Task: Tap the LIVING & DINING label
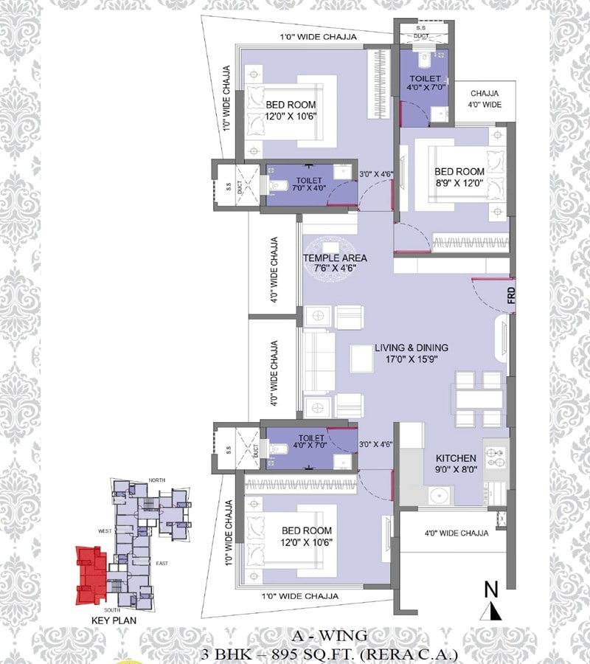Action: pos(411,347)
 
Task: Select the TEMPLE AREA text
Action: pos(335,258)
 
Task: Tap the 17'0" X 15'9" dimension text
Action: pos(411,360)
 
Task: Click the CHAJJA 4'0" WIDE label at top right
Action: pos(485,99)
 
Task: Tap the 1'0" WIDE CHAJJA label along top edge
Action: pos(318,36)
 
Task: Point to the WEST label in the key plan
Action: pos(104,530)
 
